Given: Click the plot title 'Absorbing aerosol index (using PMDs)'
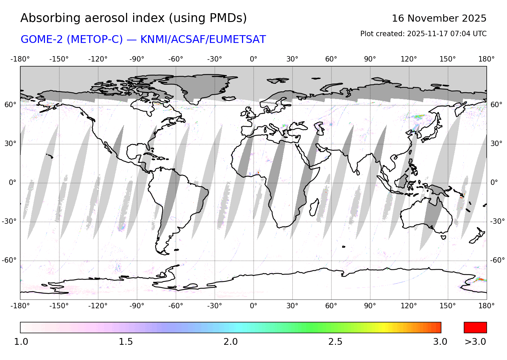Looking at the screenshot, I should pyautogui.click(x=134, y=18).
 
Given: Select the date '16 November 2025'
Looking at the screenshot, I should pyautogui.click(x=439, y=18).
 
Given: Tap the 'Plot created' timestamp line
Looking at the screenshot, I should pyautogui.click(x=423, y=34).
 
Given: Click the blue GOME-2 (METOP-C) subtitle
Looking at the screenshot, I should pyautogui.click(x=143, y=40).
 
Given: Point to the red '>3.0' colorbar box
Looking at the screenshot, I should pyautogui.click(x=475, y=328).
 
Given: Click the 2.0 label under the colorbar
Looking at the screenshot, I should pyautogui.click(x=231, y=342).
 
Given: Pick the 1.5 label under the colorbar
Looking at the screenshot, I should pyautogui.click(x=126, y=342).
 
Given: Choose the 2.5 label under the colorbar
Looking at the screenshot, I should pyautogui.click(x=335, y=342).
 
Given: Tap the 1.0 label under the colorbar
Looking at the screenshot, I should pyautogui.click(x=21, y=342).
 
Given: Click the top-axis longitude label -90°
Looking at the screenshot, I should pyautogui.click(x=137, y=59).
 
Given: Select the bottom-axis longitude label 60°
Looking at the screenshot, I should pyautogui.click(x=331, y=306).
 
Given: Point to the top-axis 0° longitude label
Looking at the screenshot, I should pyautogui.click(x=254, y=59).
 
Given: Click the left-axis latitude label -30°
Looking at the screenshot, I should pyautogui.click(x=9, y=221).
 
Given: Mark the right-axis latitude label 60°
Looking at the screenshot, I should pyautogui.click(x=496, y=105).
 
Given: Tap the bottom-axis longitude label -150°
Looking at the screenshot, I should pyautogui.click(x=59, y=306).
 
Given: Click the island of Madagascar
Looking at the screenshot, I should pyautogui.click(x=314, y=207).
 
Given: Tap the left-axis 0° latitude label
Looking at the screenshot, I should pyautogui.click(x=13, y=183).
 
